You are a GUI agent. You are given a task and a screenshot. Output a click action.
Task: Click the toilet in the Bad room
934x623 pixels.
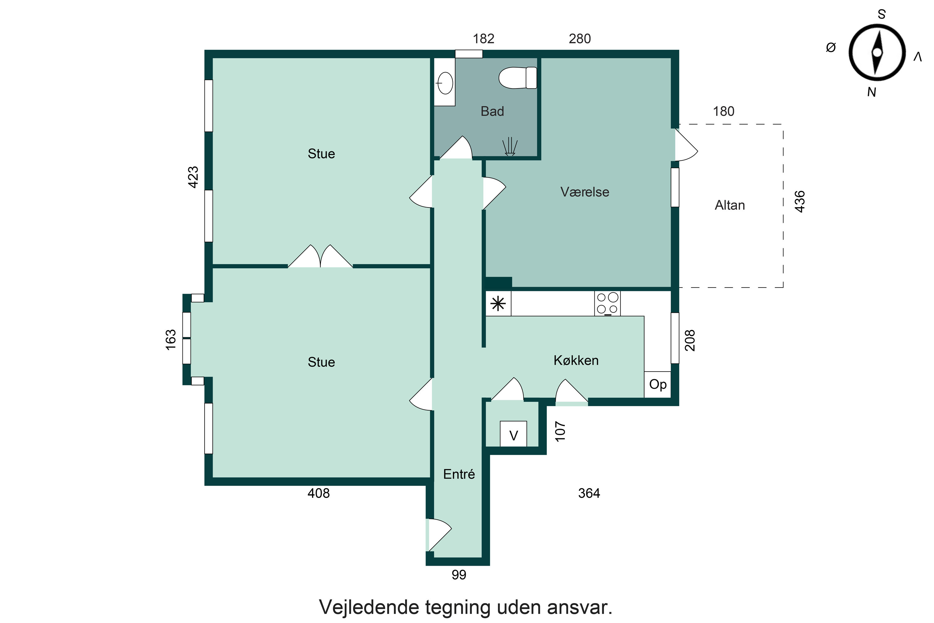pyautogui.click(x=517, y=78)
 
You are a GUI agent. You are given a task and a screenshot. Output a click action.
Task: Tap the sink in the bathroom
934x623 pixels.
pyautogui.click(x=445, y=83)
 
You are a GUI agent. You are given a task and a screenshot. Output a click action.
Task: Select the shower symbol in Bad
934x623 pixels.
pyautogui.click(x=509, y=146)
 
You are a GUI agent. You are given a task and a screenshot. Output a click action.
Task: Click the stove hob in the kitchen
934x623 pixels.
pyautogui.click(x=607, y=303)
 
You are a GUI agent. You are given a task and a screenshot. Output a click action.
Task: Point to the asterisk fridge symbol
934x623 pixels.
pyautogui.click(x=498, y=304)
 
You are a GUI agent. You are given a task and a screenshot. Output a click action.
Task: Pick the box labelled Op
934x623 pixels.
pyautogui.click(x=658, y=384)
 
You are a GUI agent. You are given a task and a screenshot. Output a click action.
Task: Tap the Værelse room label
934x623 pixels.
pyautogui.click(x=585, y=192)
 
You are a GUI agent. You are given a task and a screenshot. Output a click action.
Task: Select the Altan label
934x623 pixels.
pyautogui.click(x=729, y=205)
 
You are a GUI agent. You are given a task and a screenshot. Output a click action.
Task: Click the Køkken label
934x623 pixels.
pyautogui.click(x=576, y=360)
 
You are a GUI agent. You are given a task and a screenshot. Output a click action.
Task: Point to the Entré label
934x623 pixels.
pyautogui.click(x=459, y=474)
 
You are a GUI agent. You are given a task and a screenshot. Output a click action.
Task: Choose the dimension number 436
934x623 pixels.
pyautogui.click(x=800, y=202)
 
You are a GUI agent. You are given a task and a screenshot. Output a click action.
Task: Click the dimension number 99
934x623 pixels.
pyautogui.click(x=459, y=574)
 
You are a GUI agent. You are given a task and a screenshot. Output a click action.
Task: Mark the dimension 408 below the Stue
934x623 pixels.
pyautogui.click(x=318, y=493)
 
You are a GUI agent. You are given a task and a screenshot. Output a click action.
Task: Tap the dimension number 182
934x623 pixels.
pyautogui.click(x=483, y=39)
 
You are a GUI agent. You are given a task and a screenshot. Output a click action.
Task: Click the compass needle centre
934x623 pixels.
pyautogui.click(x=877, y=52)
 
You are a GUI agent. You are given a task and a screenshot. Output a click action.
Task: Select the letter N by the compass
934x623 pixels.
pyautogui.click(x=871, y=92)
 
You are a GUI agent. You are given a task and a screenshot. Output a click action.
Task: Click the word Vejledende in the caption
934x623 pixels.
pyautogui.click(x=369, y=607)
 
